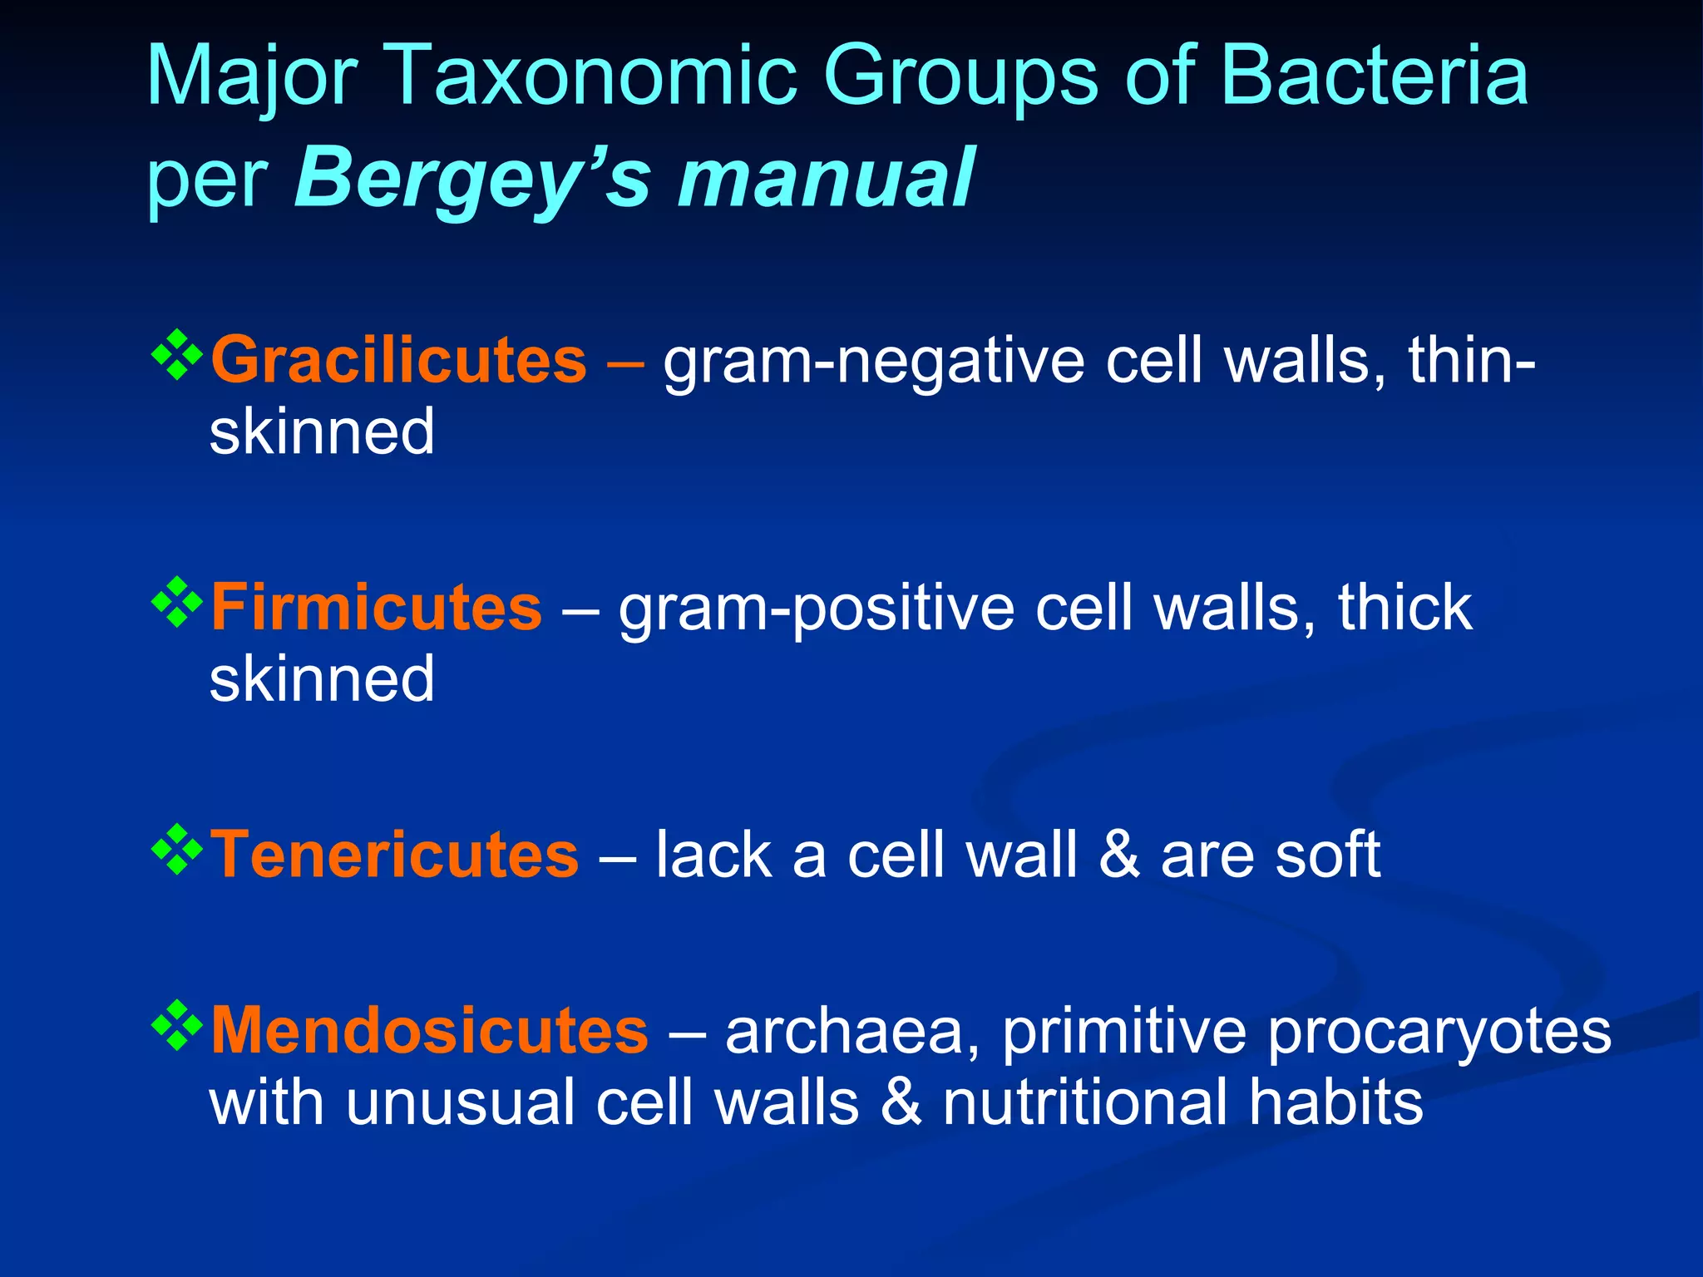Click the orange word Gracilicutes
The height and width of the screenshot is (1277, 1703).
pos(398,360)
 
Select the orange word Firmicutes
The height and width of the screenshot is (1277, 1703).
pos(376,608)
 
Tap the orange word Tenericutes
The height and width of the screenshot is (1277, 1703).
pos(394,855)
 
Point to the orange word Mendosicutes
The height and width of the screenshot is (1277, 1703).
pos(429,1031)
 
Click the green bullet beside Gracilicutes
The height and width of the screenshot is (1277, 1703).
pos(177,356)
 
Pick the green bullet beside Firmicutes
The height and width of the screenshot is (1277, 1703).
pos(177,603)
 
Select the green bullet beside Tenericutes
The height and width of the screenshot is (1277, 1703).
pos(177,850)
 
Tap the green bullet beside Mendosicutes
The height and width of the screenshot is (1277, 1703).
pos(177,1026)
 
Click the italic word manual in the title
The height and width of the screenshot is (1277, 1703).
pos(825,178)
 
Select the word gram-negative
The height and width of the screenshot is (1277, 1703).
pos(873,363)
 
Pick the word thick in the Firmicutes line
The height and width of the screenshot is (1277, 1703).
pos(1404,608)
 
